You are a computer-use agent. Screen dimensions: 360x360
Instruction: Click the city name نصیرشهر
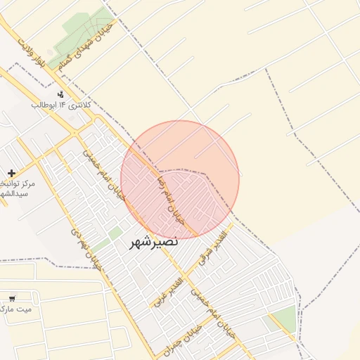[154, 243]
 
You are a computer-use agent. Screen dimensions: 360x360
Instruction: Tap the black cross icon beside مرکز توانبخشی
[11, 173]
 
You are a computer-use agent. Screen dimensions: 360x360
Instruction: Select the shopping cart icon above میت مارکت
[11, 298]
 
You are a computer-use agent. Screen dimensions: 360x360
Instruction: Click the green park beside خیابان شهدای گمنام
[88, 28]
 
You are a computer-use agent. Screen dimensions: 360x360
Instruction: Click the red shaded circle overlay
[180, 179]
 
